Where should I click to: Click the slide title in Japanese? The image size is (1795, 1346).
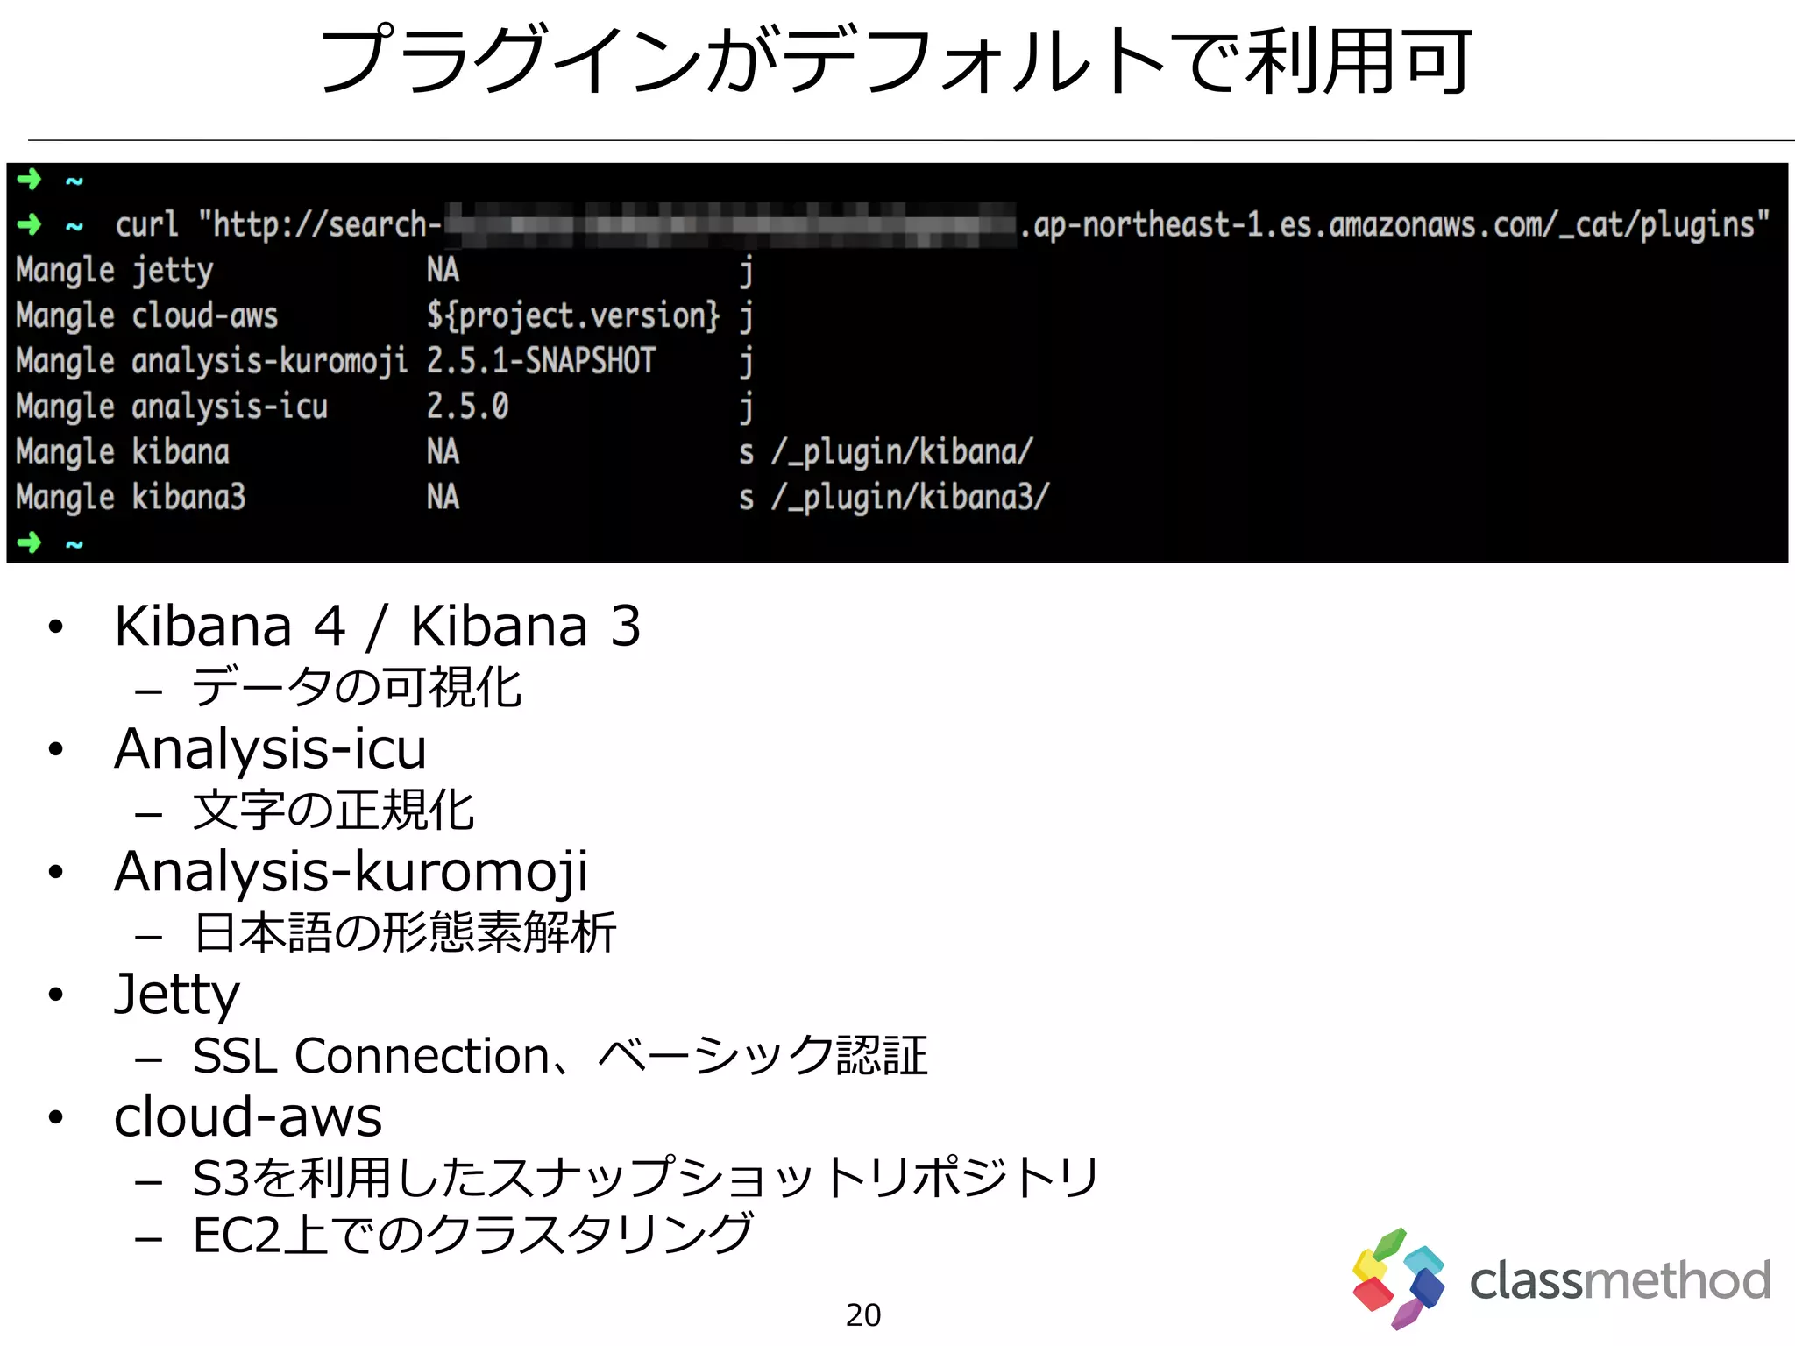click(896, 61)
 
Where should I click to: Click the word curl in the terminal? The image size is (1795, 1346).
click(146, 225)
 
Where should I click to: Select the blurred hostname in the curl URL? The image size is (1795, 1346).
click(729, 225)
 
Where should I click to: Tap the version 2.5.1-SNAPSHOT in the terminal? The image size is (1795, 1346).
click(541, 361)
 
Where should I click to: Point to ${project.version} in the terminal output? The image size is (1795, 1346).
click(573, 315)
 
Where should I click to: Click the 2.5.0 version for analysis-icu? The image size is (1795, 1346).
click(467, 407)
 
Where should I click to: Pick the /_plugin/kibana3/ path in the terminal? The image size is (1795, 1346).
click(910, 498)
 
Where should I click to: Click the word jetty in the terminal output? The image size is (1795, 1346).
click(173, 271)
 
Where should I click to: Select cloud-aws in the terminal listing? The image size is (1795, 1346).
click(204, 315)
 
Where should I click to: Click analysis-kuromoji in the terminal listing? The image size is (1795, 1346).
click(269, 361)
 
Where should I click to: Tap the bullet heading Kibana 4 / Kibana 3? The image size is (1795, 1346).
click(377, 627)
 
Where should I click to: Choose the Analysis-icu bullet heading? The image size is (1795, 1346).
click(270, 749)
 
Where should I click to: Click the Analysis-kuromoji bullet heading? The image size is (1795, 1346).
click(351, 872)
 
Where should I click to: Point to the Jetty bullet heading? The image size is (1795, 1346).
click(177, 995)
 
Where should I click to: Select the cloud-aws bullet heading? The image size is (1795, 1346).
click(248, 1117)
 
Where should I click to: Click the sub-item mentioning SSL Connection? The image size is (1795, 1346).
click(559, 1056)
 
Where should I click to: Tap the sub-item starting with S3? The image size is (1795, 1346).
click(645, 1177)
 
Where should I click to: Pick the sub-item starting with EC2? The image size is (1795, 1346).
click(472, 1235)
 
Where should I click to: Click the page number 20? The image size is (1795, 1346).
click(863, 1314)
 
